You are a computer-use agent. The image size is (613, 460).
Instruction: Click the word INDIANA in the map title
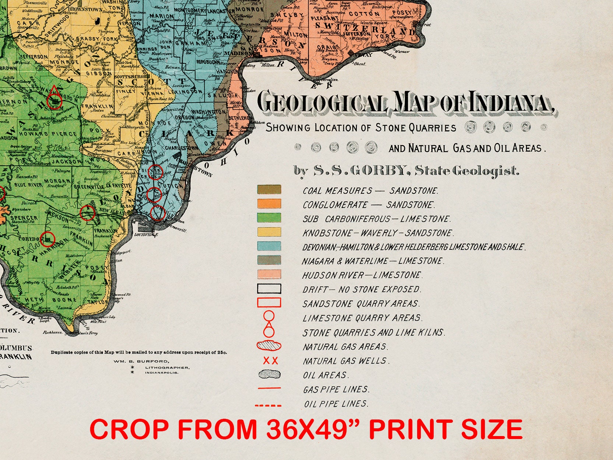[510, 102]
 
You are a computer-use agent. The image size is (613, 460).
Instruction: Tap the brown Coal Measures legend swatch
[269, 190]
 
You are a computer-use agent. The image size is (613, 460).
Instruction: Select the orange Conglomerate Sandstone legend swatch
[269, 204]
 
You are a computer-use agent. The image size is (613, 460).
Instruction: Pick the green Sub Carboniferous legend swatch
[269, 218]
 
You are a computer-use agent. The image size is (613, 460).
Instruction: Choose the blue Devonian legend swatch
[269, 246]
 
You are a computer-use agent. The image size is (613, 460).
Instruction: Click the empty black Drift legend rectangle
[269, 288]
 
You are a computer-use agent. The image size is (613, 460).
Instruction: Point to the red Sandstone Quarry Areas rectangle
[269, 303]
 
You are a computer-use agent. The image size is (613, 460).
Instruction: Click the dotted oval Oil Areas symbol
[269, 375]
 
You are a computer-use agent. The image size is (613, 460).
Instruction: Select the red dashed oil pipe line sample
[268, 405]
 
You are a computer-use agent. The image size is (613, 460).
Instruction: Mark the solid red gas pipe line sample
[269, 389]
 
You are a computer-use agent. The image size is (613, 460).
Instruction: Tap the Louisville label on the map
[146, 235]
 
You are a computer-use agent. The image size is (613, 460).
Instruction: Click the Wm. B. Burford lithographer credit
[141, 361]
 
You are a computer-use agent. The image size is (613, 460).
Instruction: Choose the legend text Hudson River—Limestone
[362, 275]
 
